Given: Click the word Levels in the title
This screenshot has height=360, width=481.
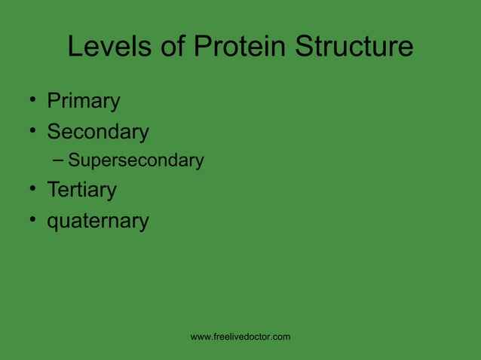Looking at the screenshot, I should pyautogui.click(x=106, y=47).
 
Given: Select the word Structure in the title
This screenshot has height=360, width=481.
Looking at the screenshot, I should pyautogui.click(x=354, y=47).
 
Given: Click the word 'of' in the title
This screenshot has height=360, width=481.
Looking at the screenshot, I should pyautogui.click(x=168, y=47).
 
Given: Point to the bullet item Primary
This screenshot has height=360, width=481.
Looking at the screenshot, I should pyautogui.click(x=84, y=101).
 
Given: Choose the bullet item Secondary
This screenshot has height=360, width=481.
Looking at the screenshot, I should pyautogui.click(x=98, y=132).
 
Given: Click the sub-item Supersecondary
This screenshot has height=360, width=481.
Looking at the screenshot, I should pyautogui.click(x=136, y=160).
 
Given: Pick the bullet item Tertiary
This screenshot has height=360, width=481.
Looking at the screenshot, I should pyautogui.click(x=81, y=190).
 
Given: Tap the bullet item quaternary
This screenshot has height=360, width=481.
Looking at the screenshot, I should pyautogui.click(x=98, y=221).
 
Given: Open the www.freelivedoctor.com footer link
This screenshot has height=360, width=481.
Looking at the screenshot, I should pyautogui.click(x=240, y=337).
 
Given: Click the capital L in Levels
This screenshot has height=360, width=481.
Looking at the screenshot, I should pyautogui.click(x=75, y=47).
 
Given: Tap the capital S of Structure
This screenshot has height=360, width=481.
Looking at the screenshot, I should pyautogui.click(x=305, y=47).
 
